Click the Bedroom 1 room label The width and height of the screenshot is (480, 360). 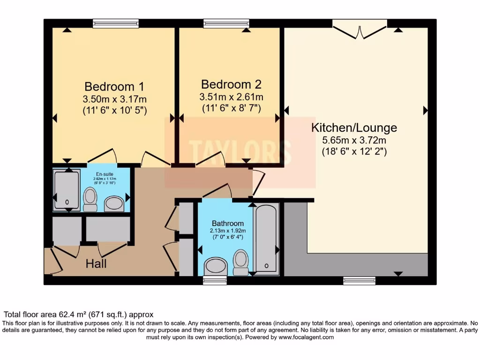(x=114, y=87)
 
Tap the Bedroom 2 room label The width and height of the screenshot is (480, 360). (x=231, y=84)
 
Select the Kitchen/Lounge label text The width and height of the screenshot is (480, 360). (x=354, y=127)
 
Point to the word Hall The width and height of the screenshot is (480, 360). (x=96, y=264)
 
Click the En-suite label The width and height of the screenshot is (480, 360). (x=105, y=173)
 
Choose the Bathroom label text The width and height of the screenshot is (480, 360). (x=228, y=223)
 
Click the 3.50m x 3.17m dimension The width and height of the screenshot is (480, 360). (x=114, y=99)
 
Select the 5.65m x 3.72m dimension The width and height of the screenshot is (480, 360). (x=354, y=140)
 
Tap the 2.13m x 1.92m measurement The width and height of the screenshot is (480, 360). (x=228, y=231)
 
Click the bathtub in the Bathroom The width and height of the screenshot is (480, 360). (x=266, y=239)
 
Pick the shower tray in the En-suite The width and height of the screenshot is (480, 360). (x=67, y=190)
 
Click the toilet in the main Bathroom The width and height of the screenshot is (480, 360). (x=240, y=262)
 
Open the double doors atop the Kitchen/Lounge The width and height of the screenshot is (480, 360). (x=360, y=29)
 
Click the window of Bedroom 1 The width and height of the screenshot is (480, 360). (x=116, y=23)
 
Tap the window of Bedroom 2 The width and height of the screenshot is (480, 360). (x=226, y=23)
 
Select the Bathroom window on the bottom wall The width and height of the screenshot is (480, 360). (x=215, y=280)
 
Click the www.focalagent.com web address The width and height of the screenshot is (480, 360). (x=306, y=337)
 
